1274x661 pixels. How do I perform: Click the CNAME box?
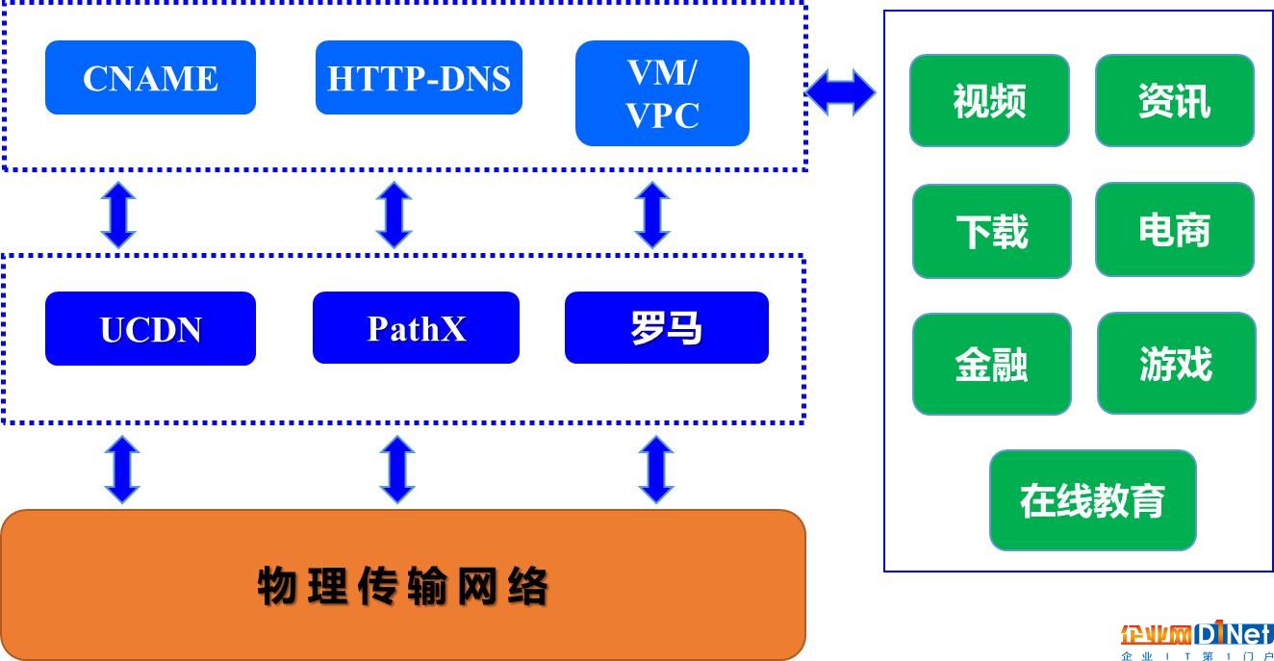click(150, 77)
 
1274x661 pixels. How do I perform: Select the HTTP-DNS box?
click(419, 77)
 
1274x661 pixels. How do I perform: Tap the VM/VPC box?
click(662, 93)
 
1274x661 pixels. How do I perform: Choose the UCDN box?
click(150, 328)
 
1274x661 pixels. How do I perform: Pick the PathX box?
click(416, 328)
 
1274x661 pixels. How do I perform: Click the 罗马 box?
click(667, 328)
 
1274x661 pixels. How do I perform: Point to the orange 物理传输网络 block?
click(403, 585)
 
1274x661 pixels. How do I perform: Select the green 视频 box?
click(989, 101)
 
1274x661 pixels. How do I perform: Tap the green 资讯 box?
click(1175, 101)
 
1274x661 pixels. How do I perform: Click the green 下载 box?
click(992, 231)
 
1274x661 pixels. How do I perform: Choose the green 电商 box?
click(1175, 229)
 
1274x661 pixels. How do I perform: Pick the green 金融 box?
click(992, 364)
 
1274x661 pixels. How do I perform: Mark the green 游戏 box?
click(1176, 363)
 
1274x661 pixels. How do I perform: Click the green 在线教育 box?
click(1092, 500)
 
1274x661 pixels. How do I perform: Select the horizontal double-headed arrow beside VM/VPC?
click(841, 92)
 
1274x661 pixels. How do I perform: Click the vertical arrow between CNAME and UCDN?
click(118, 215)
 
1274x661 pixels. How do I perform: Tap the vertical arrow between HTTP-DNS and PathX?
click(395, 215)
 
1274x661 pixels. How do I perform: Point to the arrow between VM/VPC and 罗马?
click(652, 215)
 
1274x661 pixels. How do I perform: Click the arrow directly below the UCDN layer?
click(122, 470)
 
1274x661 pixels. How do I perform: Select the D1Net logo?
click(1197, 640)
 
